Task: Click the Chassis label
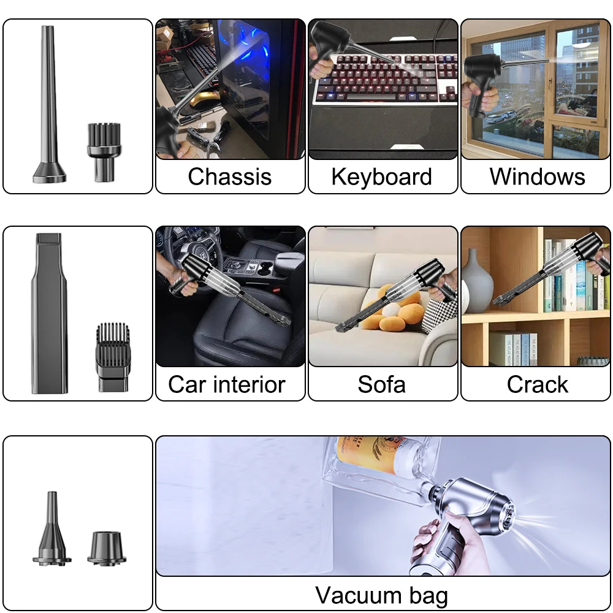coord(230,177)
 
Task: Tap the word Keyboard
coord(382,177)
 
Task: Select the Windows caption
coord(537,177)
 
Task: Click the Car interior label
coord(227,384)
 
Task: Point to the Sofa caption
coord(382,384)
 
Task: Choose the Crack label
coord(537,384)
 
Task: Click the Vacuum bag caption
coord(381,595)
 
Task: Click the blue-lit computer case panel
coord(251,80)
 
